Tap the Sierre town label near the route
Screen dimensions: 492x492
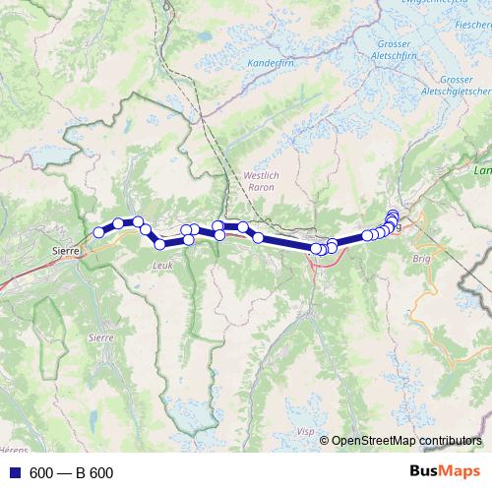tap(65, 251)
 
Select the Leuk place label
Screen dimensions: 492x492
tap(163, 265)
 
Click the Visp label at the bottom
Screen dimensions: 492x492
tap(304, 431)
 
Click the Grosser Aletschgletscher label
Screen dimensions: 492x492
tap(458, 86)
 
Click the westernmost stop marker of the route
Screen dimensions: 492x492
tap(98, 232)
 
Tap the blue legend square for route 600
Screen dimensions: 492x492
tap(14, 473)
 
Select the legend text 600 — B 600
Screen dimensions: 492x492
tap(71, 473)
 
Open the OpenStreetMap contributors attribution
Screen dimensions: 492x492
tap(406, 440)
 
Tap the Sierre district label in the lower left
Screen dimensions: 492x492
tap(101, 337)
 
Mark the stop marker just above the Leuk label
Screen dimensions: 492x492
tap(160, 244)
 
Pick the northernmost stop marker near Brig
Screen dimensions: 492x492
tap(393, 215)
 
